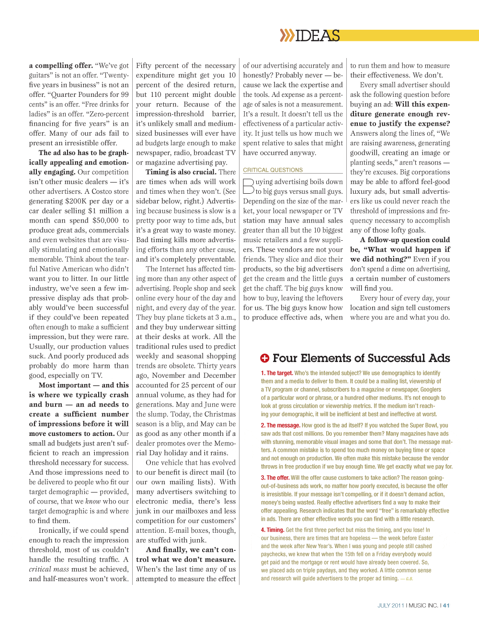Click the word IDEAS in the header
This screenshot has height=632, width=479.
pos(318,35)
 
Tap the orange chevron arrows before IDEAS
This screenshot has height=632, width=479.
pos(287,35)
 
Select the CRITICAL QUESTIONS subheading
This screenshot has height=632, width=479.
pos(273,170)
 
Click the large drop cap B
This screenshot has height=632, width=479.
pos(248,186)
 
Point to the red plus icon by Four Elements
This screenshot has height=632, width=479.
pos(264,358)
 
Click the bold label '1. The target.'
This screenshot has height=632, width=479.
pos(277,373)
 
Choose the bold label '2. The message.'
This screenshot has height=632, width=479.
pos(280,425)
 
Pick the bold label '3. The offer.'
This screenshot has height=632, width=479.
pos(275,478)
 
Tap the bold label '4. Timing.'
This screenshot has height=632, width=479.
pos(273,530)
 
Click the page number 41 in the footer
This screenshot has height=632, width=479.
pos(446,606)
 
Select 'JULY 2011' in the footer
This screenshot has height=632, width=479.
pos(390,606)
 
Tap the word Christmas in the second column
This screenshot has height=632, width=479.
pos(220,414)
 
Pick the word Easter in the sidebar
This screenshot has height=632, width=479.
pos(425,538)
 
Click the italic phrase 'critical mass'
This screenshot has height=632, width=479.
pos(49,569)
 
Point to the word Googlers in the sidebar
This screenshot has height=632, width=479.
pos(431,390)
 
